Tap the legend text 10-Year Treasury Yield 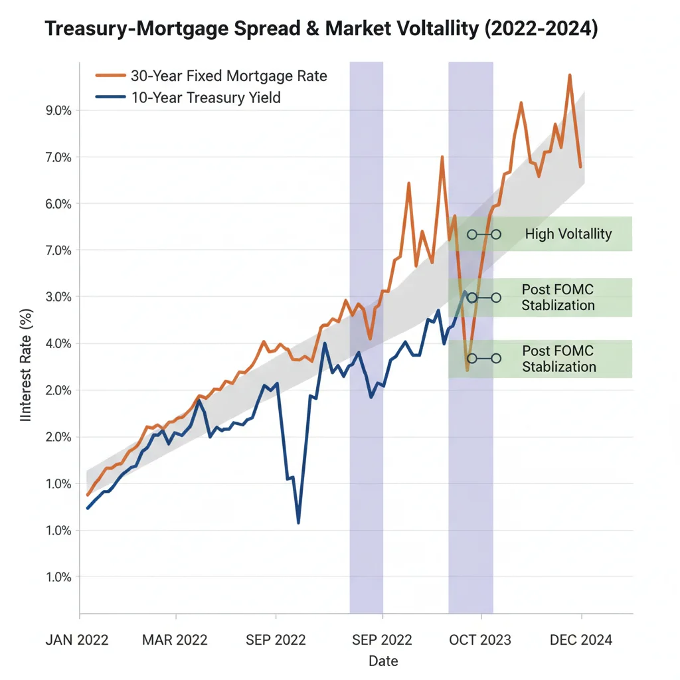(x=205, y=98)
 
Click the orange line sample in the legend (x=110, y=76)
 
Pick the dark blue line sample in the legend (x=110, y=98)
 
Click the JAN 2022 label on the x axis (x=77, y=640)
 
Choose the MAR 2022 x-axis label (x=175, y=640)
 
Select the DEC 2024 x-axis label (x=580, y=640)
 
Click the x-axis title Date (x=383, y=661)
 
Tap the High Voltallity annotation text (x=568, y=234)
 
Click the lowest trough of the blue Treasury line (x=298, y=523)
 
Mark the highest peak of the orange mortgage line (x=570, y=76)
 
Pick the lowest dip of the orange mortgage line (x=467, y=369)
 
